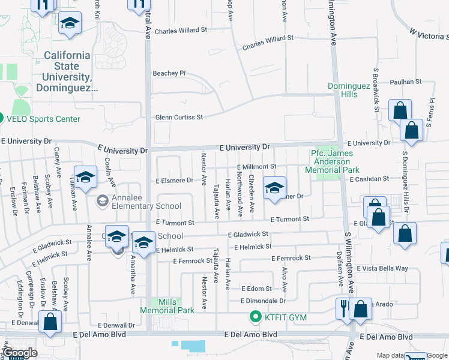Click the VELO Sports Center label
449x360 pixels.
point(43,119)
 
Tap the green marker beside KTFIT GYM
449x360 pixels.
point(255,317)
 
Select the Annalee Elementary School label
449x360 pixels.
point(142,206)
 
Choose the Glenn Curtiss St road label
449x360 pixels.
point(179,117)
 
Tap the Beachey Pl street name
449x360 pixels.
point(169,73)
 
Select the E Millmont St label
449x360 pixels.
point(256,166)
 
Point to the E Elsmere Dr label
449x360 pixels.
point(175,179)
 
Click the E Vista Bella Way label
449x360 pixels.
point(382,268)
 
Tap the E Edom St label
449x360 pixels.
point(256,289)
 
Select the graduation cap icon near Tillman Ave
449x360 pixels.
point(86,178)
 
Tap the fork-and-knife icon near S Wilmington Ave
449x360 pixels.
point(343,308)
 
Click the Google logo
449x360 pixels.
point(20,353)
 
